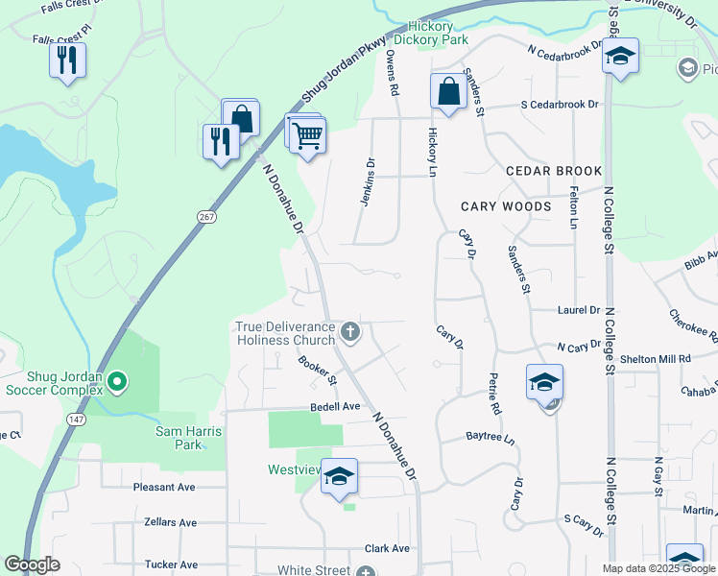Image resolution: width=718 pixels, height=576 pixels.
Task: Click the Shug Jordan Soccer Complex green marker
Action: [x=117, y=383]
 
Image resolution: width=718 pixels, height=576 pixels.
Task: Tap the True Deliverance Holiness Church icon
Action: [x=350, y=333]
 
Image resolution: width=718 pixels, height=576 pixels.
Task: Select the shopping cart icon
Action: [x=307, y=135]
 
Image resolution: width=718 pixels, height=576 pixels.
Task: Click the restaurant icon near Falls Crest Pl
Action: [x=67, y=61]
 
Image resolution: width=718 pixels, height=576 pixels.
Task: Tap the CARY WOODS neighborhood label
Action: [x=506, y=206]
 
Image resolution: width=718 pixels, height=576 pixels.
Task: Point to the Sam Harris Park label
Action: [x=188, y=438]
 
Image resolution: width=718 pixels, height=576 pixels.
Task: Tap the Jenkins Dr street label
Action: [x=367, y=181]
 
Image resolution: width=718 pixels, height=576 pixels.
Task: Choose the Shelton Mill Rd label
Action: [x=656, y=358]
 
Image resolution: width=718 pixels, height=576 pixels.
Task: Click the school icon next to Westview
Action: [x=339, y=476]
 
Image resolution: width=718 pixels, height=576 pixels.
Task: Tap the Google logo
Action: [x=32, y=564]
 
